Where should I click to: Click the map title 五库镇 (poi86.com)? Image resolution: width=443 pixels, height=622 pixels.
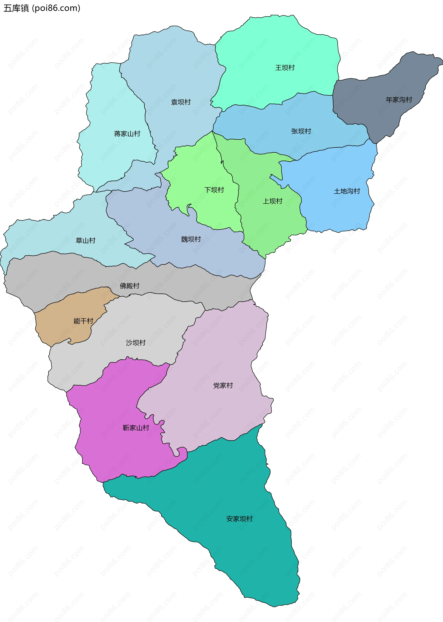[42, 8]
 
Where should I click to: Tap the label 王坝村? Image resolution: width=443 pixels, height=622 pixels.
[285, 68]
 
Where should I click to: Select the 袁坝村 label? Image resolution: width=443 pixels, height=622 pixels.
[181, 102]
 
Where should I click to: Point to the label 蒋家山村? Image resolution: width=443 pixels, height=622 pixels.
[127, 134]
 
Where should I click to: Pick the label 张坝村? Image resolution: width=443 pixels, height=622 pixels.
[301, 131]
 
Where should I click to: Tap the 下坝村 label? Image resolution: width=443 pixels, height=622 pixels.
[214, 190]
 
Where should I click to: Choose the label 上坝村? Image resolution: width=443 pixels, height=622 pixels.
[272, 201]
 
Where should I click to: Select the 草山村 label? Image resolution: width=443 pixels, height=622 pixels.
[85, 240]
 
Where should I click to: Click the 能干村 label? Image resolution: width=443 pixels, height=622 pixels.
[83, 321]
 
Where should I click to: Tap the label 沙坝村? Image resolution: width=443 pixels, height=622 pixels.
[136, 343]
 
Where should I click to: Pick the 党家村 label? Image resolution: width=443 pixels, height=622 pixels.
[223, 385]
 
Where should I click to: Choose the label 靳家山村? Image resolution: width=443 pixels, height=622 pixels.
[136, 428]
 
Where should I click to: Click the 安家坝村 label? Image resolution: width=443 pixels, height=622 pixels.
[239, 519]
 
